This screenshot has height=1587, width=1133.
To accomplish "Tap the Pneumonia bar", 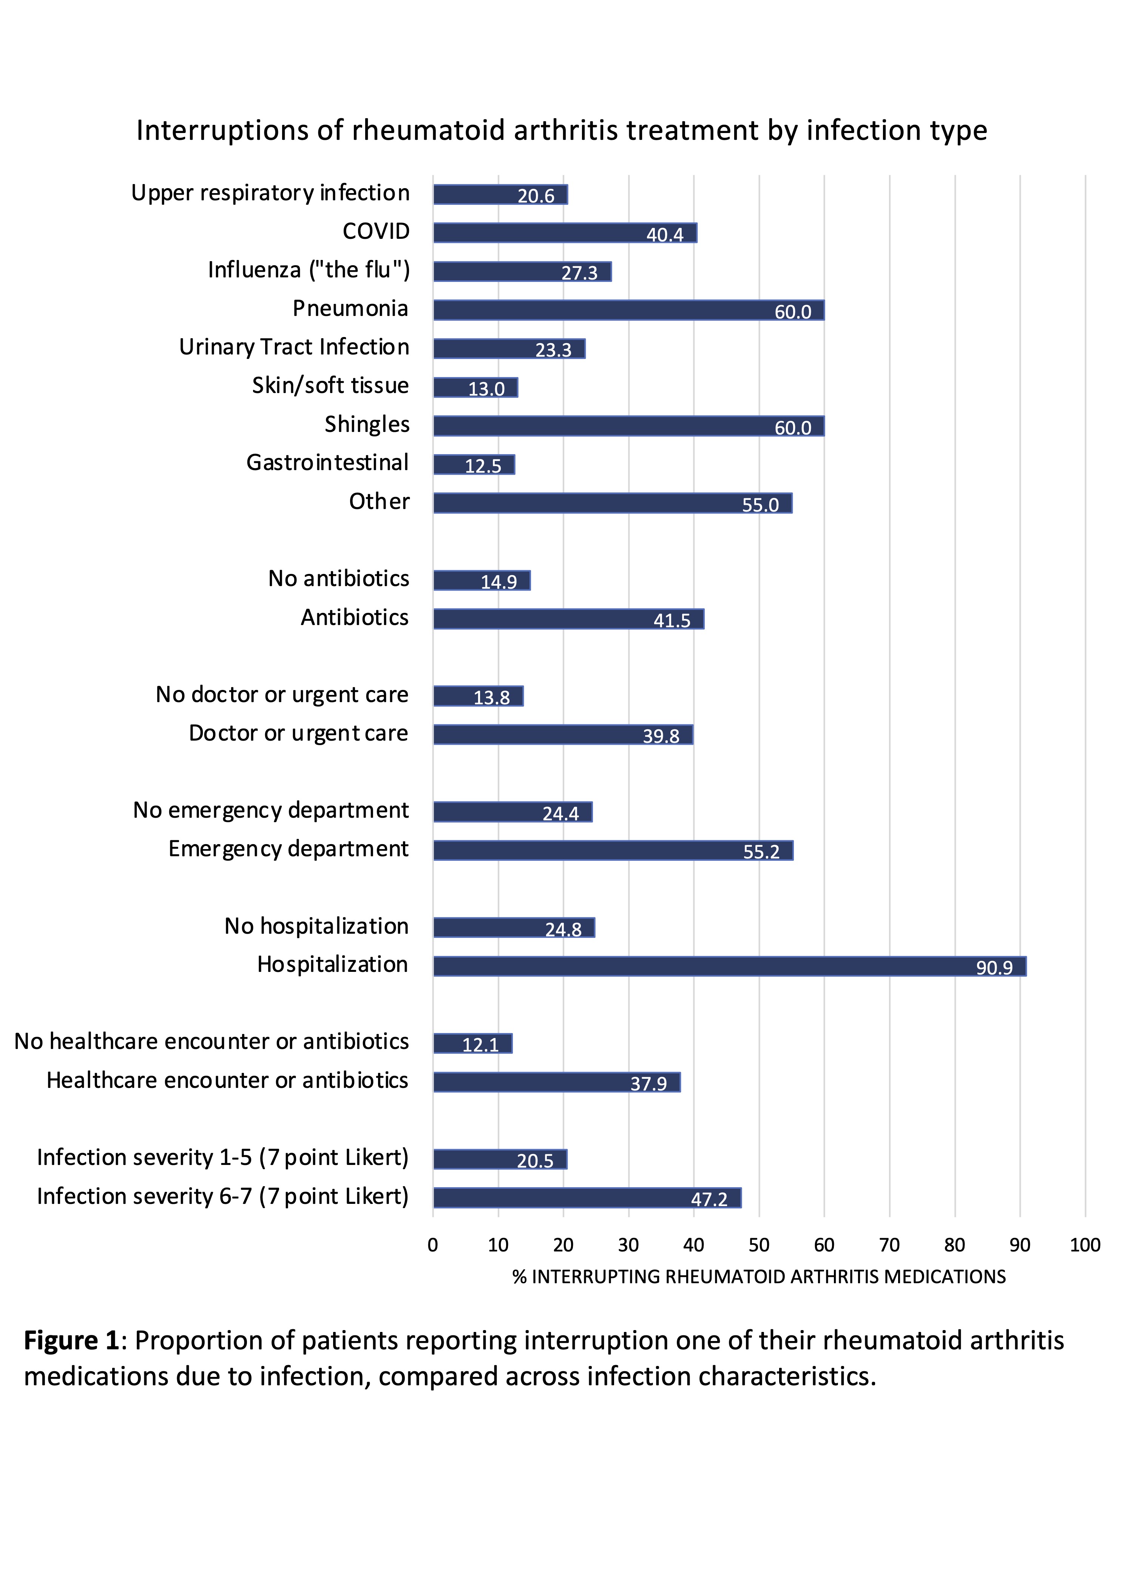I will tap(628, 310).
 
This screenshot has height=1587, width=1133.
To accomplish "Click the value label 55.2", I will tap(761, 851).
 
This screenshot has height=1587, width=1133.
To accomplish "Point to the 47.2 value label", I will tap(709, 1199).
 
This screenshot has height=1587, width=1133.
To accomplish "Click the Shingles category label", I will tap(367, 424).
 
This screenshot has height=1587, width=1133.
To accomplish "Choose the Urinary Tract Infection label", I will tap(294, 347).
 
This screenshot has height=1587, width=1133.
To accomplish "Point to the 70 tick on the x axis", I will tap(889, 1245).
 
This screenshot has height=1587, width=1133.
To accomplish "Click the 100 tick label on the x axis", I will tap(1085, 1245).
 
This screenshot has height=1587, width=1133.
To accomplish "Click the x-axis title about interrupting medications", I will tap(759, 1277).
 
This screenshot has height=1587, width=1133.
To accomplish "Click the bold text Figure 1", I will tap(71, 1341).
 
